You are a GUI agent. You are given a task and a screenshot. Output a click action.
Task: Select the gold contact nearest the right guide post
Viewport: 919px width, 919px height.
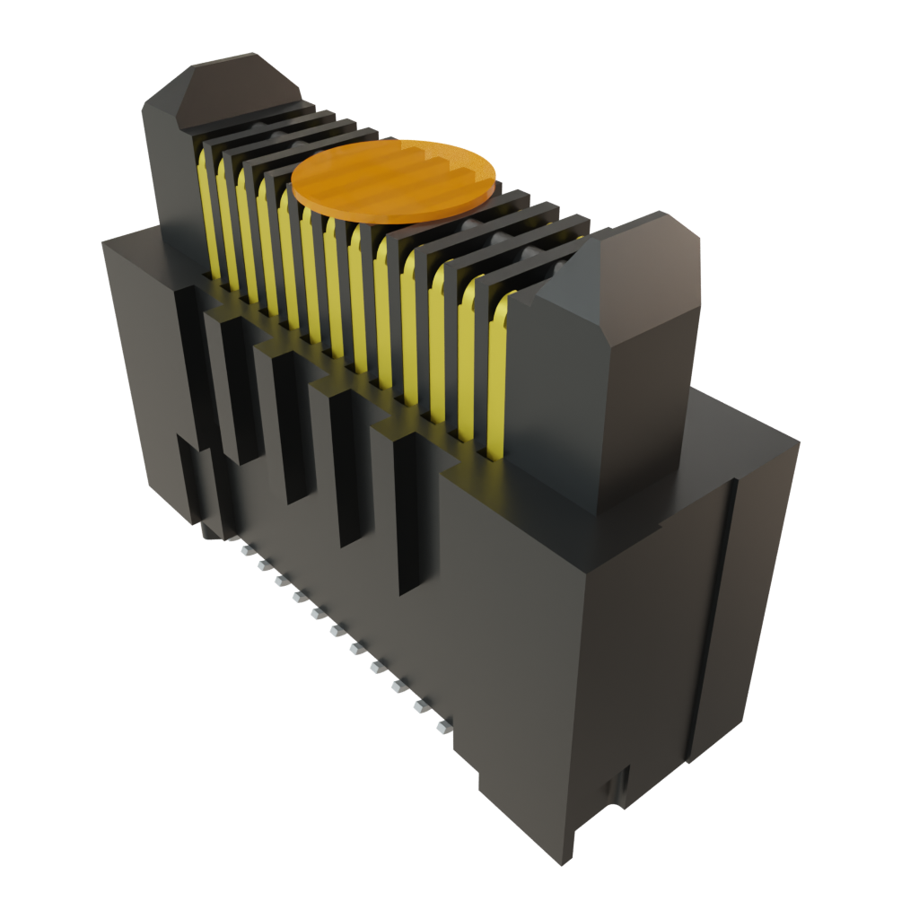(x=495, y=377)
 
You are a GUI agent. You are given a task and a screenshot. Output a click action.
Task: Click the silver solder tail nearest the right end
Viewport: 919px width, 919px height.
(x=442, y=725)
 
